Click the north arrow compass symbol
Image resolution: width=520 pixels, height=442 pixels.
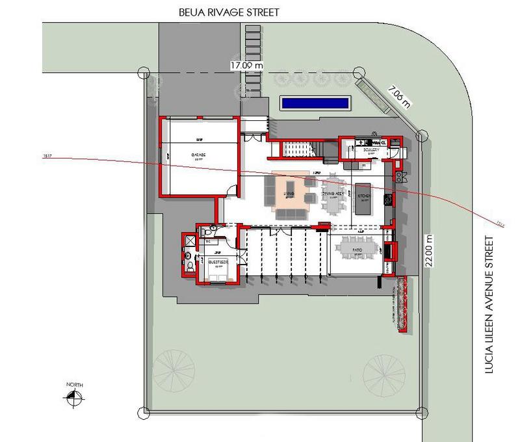click(74, 394)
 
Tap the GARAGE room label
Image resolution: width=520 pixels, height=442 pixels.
click(198, 155)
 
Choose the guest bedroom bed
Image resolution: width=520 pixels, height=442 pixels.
click(216, 271)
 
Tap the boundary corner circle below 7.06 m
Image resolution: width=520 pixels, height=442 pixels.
click(421, 136)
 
